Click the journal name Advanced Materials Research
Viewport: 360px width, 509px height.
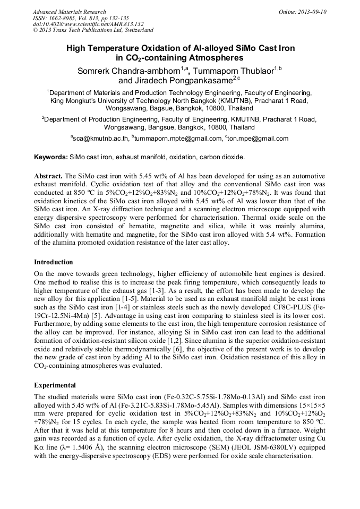point(70,12)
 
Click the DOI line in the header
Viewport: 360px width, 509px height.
point(88,24)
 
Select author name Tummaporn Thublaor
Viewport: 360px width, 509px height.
point(236,71)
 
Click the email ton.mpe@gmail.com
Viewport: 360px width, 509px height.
point(259,139)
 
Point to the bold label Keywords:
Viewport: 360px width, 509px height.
point(51,158)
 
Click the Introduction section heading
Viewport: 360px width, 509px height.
point(54,262)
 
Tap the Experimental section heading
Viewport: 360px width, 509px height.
point(55,385)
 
